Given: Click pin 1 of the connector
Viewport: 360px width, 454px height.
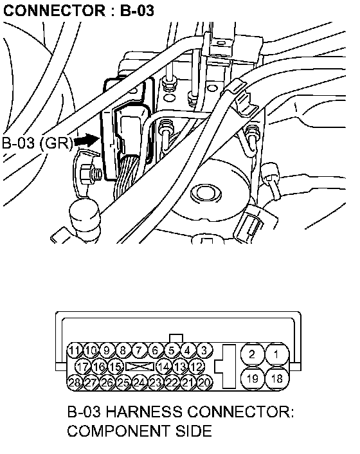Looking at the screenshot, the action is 276,354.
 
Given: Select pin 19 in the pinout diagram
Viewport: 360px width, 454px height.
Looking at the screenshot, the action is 253,378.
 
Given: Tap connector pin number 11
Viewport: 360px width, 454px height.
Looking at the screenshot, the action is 75,350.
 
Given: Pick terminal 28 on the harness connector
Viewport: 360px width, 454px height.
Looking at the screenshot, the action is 75,383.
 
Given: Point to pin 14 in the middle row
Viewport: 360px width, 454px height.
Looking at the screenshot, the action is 164,367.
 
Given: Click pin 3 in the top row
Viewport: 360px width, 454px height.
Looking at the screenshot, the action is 204,350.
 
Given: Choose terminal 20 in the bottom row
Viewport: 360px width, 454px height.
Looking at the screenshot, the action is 204,383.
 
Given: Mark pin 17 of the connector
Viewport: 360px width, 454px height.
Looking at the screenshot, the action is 84,367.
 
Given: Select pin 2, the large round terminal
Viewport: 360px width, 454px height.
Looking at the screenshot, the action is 253,354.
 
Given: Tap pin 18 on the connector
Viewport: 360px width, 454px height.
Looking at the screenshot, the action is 276,378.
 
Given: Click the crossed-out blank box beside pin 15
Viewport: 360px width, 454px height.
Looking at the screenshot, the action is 139,367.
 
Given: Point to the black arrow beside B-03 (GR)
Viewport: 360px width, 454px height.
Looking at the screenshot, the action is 86,141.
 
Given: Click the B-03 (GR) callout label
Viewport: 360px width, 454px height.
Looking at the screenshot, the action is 37,143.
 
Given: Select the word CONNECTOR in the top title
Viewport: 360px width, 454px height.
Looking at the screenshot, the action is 55,11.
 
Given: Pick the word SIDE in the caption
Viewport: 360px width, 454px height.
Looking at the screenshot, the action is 194,431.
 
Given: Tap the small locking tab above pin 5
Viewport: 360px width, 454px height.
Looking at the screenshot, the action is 176,338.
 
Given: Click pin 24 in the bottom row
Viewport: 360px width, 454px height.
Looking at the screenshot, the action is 139,383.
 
